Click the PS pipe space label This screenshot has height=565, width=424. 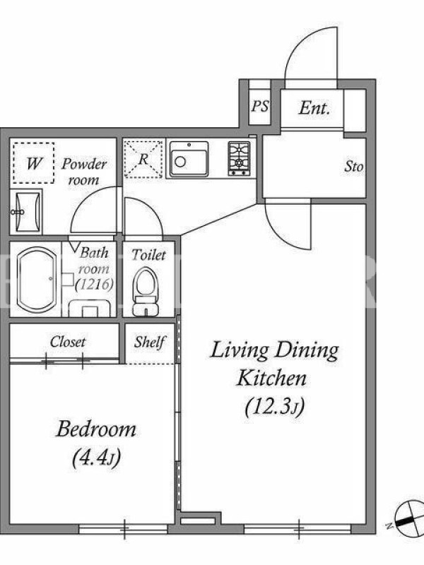coord(260,107)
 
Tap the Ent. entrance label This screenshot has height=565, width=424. coord(314,108)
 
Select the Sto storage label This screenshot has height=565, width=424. coord(354,167)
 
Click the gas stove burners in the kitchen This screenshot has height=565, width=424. coord(239,158)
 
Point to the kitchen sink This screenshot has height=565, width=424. coord(189,159)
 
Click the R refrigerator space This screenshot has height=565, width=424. coord(143,159)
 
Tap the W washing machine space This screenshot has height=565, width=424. coord(33,163)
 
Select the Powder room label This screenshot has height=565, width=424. coord(84,172)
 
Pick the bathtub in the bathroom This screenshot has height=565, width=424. coord(37,279)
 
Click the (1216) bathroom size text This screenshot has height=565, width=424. coord(95,285)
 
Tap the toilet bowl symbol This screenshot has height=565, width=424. coord(146,291)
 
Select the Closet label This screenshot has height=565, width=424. coord(68,342)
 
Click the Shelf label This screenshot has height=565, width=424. coord(150,342)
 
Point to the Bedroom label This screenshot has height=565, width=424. coord(96,429)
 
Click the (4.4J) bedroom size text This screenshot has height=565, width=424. coord(96,458)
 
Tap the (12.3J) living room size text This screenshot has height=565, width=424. coord(275,408)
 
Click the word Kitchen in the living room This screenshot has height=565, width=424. coord(272,378)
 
